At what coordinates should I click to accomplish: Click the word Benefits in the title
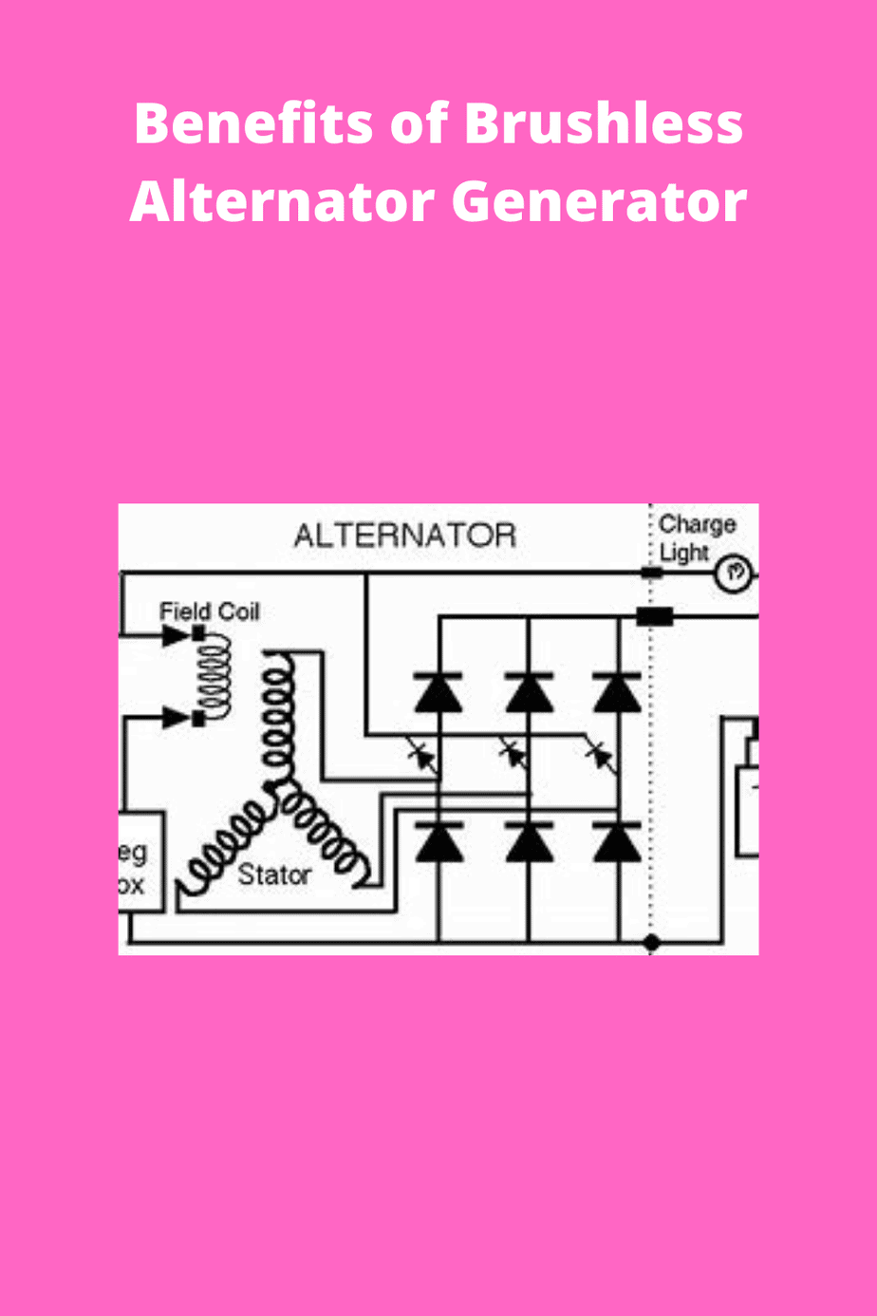(243, 123)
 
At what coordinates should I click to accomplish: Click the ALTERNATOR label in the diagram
(405, 536)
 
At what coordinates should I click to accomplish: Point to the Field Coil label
(209, 611)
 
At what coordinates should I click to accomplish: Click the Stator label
(273, 874)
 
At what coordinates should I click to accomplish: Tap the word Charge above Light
(697, 524)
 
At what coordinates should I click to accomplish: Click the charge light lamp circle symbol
(733, 573)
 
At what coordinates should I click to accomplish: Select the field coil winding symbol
(214, 676)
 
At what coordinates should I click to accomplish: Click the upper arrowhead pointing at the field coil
(177, 635)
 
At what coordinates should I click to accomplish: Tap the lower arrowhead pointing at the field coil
(177, 718)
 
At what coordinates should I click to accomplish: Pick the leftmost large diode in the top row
(438, 693)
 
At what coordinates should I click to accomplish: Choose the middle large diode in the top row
(529, 693)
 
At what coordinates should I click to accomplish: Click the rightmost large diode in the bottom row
(618, 842)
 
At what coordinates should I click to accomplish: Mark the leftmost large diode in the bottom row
(438, 842)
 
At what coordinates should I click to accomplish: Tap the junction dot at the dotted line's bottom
(651, 943)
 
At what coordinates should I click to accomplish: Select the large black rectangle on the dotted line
(654, 617)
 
